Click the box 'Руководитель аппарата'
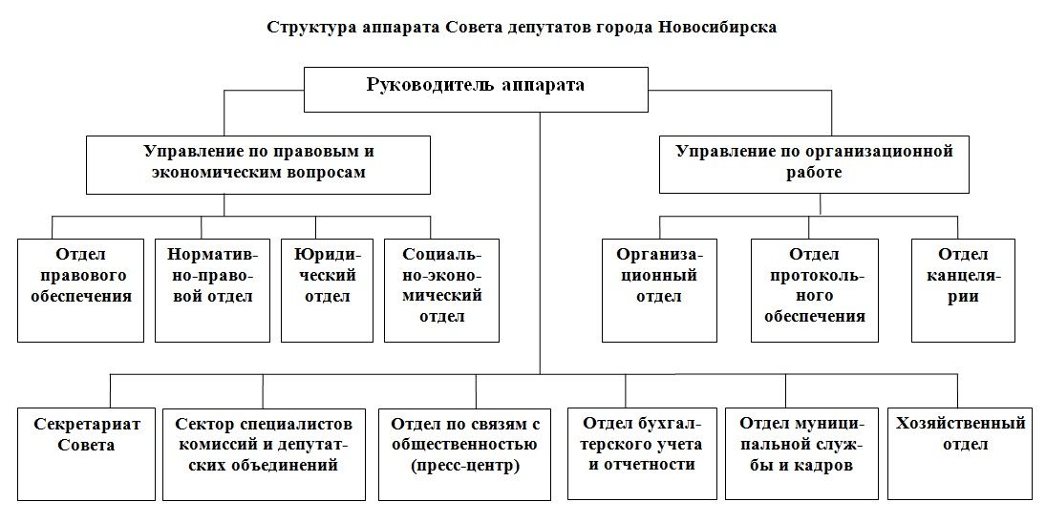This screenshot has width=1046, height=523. coord(476,87)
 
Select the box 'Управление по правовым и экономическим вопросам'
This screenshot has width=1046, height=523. coord(257,164)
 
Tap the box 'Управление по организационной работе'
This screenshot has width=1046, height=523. coord(815,164)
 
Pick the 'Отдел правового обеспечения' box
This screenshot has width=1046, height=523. coord(80,290)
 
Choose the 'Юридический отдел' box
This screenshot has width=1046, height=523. coord(327,290)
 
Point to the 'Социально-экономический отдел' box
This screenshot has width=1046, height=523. coord(441,290)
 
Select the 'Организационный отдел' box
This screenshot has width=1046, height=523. coord(659,290)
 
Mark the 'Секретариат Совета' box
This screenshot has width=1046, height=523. coord(85,453)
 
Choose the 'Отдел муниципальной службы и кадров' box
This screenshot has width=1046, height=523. coord(801,453)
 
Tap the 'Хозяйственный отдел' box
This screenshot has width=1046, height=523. coord(959,453)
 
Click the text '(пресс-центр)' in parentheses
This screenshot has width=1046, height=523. coord(464,467)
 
